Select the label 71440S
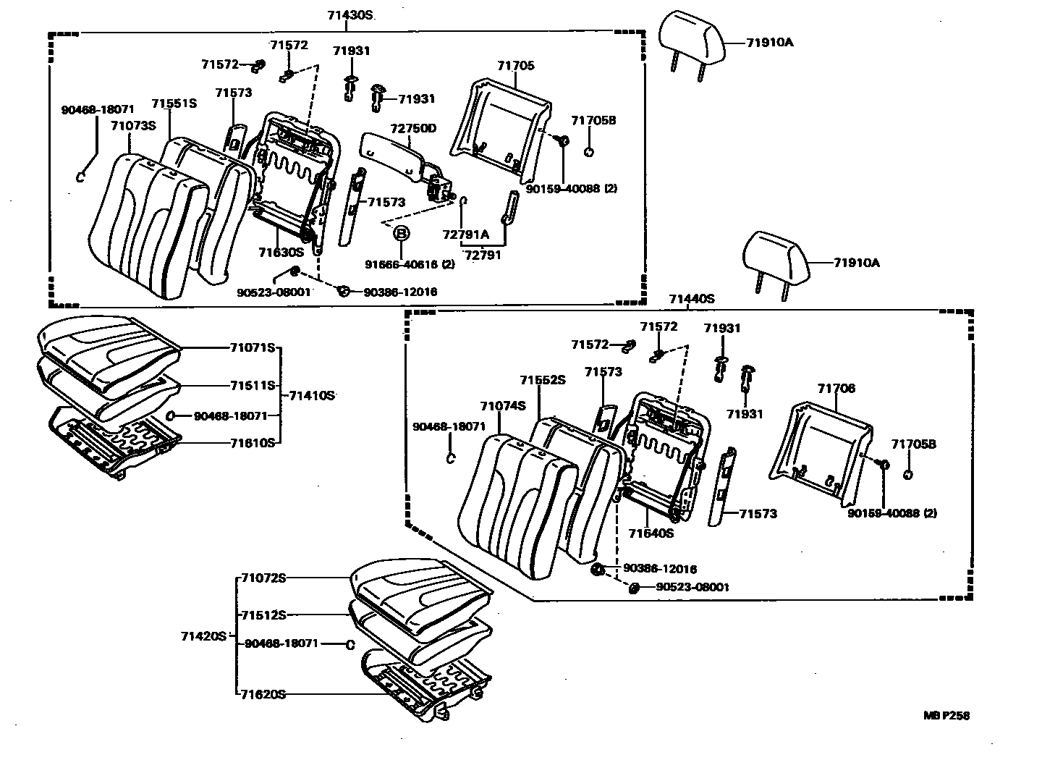pyautogui.click(x=691, y=298)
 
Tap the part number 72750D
pyautogui.click(x=414, y=128)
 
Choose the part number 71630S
pyautogui.click(x=281, y=252)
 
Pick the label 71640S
pyautogui.click(x=651, y=533)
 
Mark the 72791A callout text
pyautogui.click(x=465, y=235)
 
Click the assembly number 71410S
pyautogui.click(x=311, y=395)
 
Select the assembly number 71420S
pyautogui.click(x=203, y=636)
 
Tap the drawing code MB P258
pyautogui.click(x=946, y=715)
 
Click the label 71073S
pyautogui.click(x=133, y=125)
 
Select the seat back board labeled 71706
pyautogui.click(x=818, y=449)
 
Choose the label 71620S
pyautogui.click(x=263, y=694)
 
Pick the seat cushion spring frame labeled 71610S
pyautogui.click(x=116, y=442)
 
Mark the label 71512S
pyautogui.click(x=263, y=615)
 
